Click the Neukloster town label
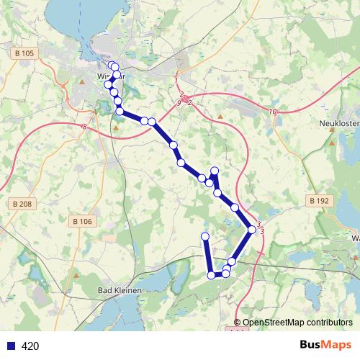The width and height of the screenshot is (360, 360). point(338,124)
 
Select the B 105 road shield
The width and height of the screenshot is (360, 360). point(24,53)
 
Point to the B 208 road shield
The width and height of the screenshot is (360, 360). point(23,204)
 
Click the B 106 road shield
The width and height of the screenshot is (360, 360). point(82,221)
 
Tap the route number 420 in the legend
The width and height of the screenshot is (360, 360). point(30,346)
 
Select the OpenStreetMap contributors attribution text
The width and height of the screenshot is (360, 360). point(297,323)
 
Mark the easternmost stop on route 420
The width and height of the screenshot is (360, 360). point(251,230)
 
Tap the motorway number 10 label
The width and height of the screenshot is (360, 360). point(272,111)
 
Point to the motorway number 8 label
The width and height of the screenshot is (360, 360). point(84,127)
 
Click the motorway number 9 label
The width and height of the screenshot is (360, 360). point(179,104)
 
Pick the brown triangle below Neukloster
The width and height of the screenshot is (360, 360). point(331,143)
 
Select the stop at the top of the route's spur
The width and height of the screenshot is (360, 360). point(214,171)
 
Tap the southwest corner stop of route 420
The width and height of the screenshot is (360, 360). point(211,275)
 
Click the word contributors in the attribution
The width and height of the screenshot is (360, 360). point(323,323)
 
